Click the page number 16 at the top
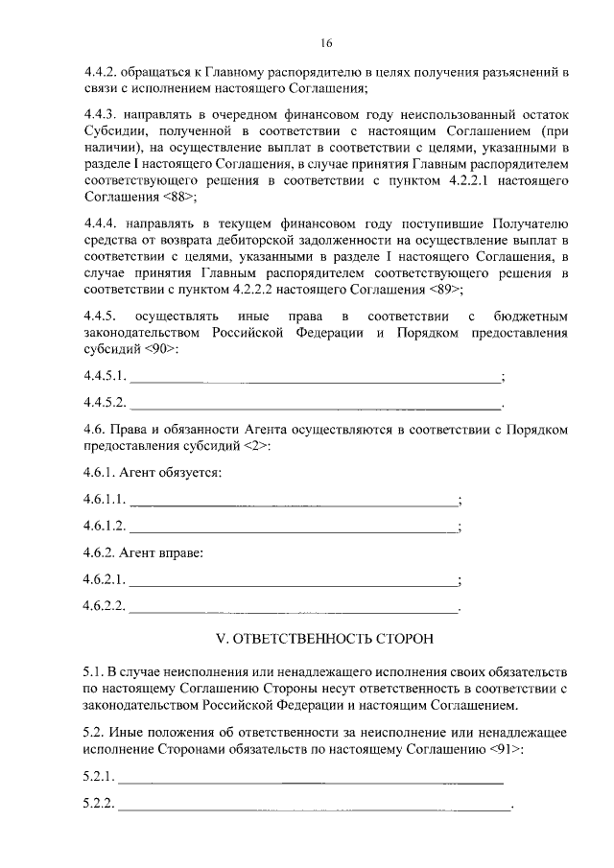[x=326, y=43]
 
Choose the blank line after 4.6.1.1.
[x=294, y=502]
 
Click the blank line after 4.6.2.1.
[x=294, y=581]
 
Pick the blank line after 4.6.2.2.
[x=294, y=607]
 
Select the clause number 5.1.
[x=92, y=665]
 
